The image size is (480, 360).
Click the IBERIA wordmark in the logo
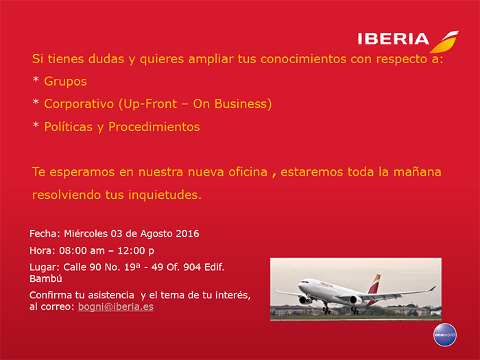click(394, 39)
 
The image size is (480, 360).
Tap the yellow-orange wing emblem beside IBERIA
click(444, 42)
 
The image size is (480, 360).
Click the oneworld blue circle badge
click(445, 335)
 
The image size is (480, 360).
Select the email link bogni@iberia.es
click(116, 307)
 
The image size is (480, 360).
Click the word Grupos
click(66, 82)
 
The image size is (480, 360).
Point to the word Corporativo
click(79, 104)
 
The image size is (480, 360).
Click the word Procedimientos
click(154, 127)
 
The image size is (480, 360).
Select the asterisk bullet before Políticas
click(36, 125)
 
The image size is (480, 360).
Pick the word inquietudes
click(165, 195)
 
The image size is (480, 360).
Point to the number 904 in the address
click(192, 267)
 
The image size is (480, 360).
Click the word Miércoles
click(86, 234)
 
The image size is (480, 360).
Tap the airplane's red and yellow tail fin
click(374, 284)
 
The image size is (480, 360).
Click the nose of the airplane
click(300, 286)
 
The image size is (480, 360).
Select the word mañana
click(417, 171)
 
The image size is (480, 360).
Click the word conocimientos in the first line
click(303, 59)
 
